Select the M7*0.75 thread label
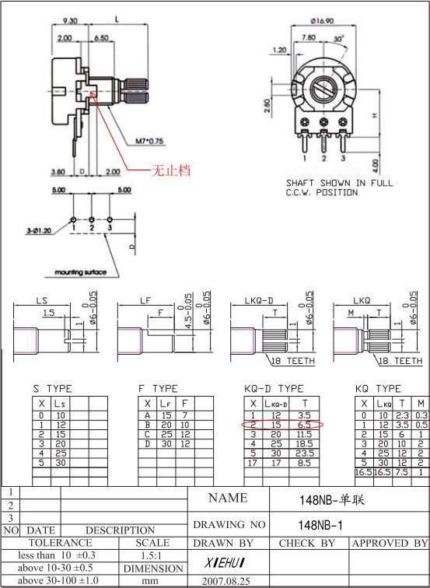[x=149, y=141]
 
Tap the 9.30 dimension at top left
[x=69, y=21]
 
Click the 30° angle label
[x=339, y=39]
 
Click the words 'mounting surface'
[x=79, y=273]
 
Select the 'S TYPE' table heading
[x=52, y=388]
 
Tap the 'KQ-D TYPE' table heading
[x=274, y=388]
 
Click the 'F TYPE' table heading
[x=158, y=388]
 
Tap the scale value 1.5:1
[x=152, y=556]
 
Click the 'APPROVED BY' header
[x=390, y=543]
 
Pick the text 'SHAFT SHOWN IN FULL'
[x=339, y=184]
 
